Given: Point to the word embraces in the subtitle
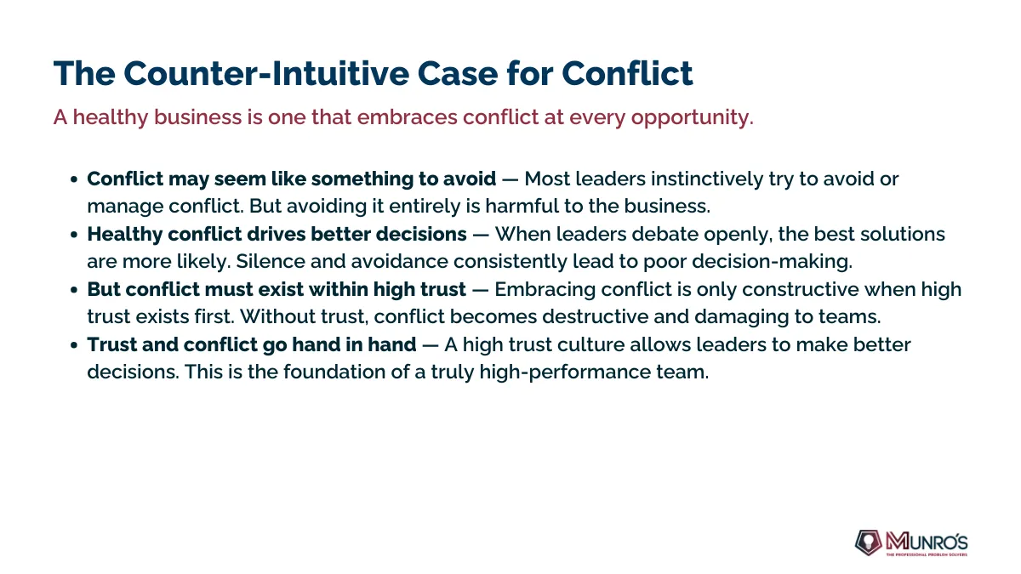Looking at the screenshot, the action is point(407,117).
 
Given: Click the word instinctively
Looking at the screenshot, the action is point(707,179).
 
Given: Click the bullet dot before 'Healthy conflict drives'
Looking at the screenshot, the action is point(74,235).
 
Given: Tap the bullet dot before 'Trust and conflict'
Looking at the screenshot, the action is point(74,345).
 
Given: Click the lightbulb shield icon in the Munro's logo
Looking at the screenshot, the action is point(868,543).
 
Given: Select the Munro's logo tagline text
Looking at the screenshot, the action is point(927,554).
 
